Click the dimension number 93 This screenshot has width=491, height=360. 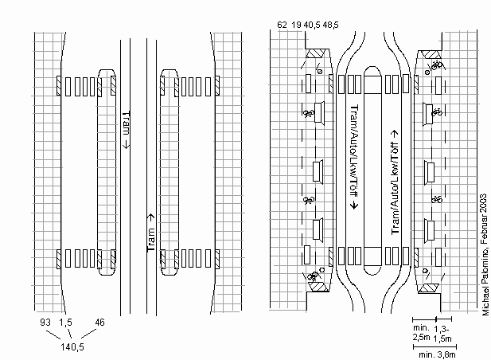(x=46, y=322)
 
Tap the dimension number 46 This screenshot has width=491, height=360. (x=100, y=322)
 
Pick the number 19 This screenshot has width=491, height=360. (x=296, y=26)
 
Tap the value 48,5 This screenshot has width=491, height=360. (x=330, y=26)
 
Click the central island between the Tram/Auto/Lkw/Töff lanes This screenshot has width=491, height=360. (x=374, y=167)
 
